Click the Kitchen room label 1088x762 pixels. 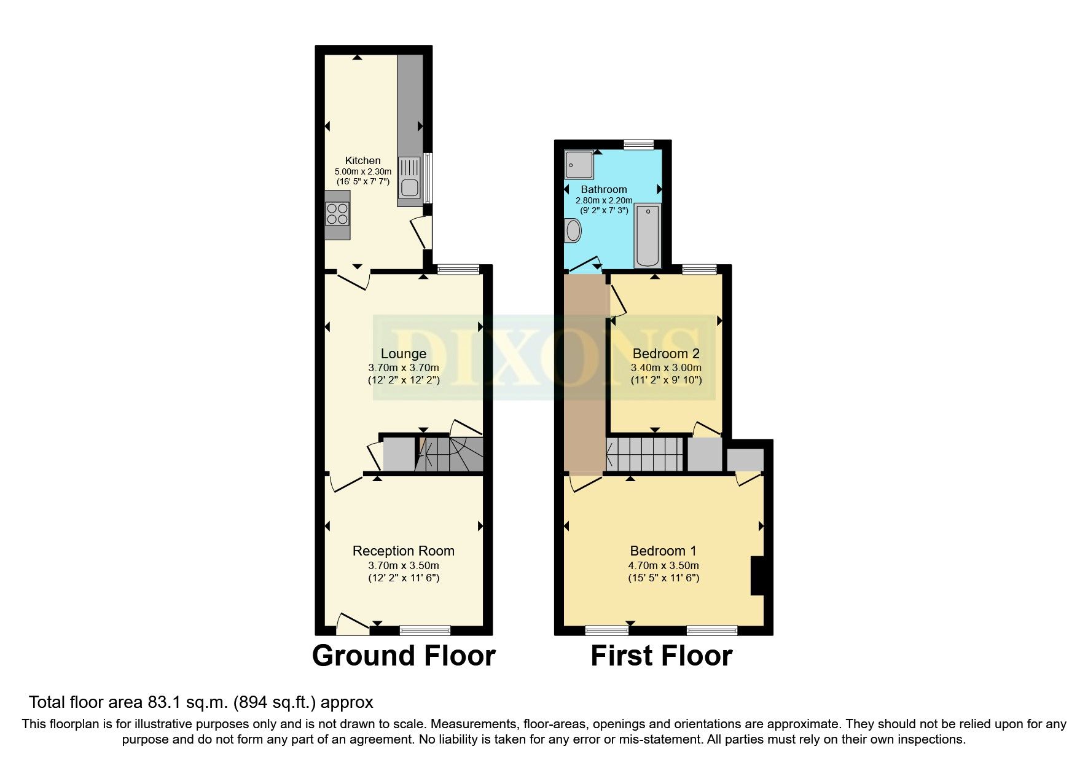click(362, 160)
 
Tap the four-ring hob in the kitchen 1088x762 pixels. click(337, 214)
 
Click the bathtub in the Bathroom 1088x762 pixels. click(647, 236)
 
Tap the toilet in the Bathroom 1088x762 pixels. click(573, 232)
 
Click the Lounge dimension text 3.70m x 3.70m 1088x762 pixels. click(403, 367)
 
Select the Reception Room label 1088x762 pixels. click(403, 551)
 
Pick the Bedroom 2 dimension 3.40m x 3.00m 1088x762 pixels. click(666, 367)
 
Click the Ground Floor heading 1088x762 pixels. click(403, 656)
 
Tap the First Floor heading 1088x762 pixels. click(661, 656)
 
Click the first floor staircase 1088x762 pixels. click(644, 454)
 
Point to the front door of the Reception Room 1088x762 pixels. click(353, 624)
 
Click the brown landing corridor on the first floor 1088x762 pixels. click(584, 375)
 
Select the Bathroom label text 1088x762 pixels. click(603, 189)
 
